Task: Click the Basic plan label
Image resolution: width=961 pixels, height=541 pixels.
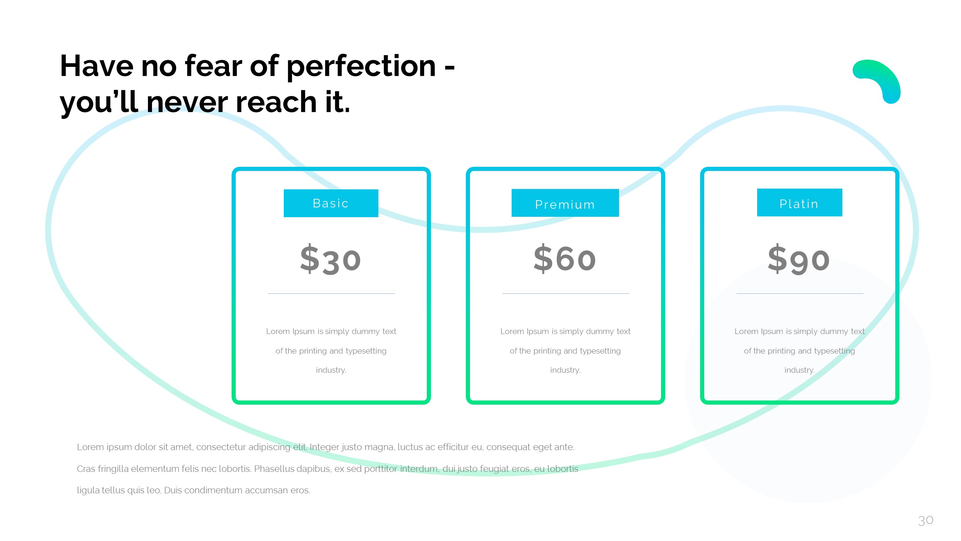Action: (x=331, y=203)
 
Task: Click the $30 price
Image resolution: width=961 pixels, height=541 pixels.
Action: (x=331, y=259)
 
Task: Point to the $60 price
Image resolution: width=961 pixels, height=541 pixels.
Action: (x=565, y=258)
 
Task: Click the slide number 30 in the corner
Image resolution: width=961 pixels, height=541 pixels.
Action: (x=926, y=520)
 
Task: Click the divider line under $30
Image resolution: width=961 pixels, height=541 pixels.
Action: (x=331, y=293)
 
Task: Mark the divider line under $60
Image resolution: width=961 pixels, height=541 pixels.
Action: (x=566, y=293)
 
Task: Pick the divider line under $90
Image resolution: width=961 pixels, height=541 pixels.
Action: (x=800, y=293)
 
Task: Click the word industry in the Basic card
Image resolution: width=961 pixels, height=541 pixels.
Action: (x=331, y=370)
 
